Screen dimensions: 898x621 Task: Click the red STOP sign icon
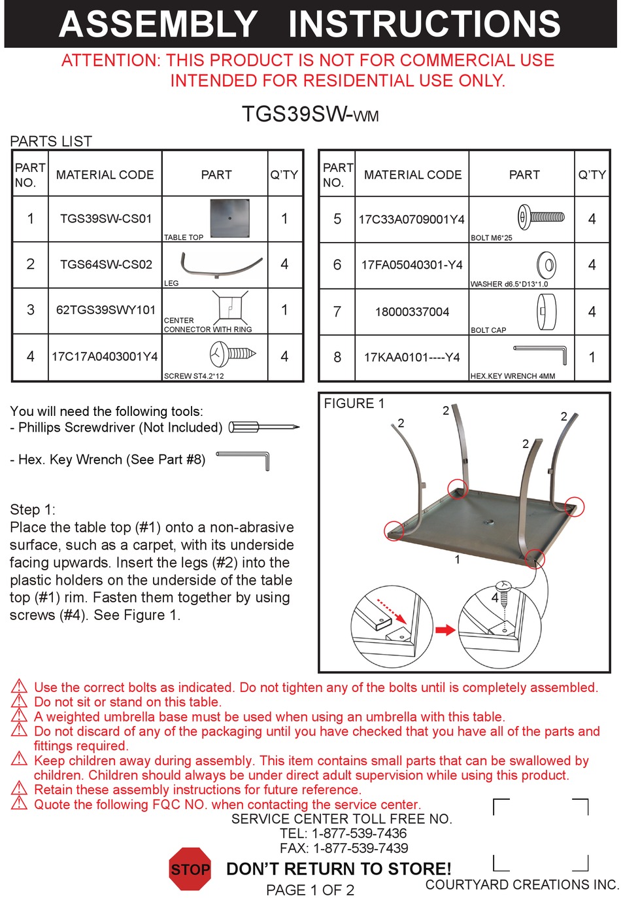click(190, 869)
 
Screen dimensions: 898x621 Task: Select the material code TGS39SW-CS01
click(105, 218)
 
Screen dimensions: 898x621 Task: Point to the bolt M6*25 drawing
click(541, 216)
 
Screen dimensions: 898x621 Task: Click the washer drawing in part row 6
click(546, 265)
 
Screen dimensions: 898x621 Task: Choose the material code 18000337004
click(412, 312)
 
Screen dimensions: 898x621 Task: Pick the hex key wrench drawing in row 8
click(541, 354)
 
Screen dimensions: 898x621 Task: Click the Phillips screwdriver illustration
click(263, 428)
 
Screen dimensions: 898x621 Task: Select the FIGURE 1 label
click(354, 404)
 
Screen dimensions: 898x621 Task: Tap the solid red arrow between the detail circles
click(445, 630)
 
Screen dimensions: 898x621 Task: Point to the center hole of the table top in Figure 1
click(488, 522)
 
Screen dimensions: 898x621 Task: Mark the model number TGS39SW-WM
click(310, 114)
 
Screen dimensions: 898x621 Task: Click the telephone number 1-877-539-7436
click(359, 833)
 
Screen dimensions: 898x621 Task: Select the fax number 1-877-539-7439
click(361, 848)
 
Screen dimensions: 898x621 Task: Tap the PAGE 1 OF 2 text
click(310, 890)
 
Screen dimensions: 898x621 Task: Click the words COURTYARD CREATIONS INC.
click(522, 885)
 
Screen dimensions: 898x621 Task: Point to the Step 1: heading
click(33, 509)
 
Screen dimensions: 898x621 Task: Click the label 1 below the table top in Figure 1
click(458, 560)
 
